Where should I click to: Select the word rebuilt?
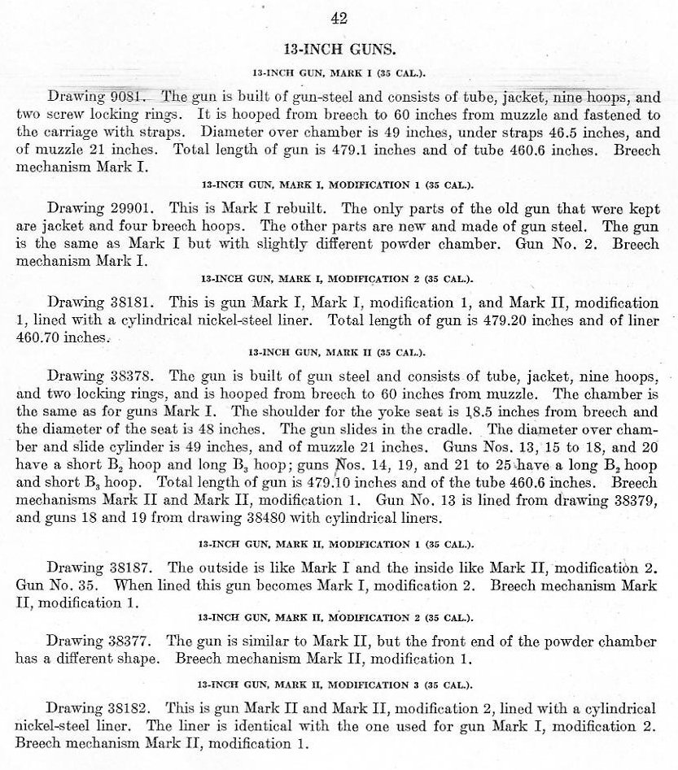pyautogui.click(x=291, y=207)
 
